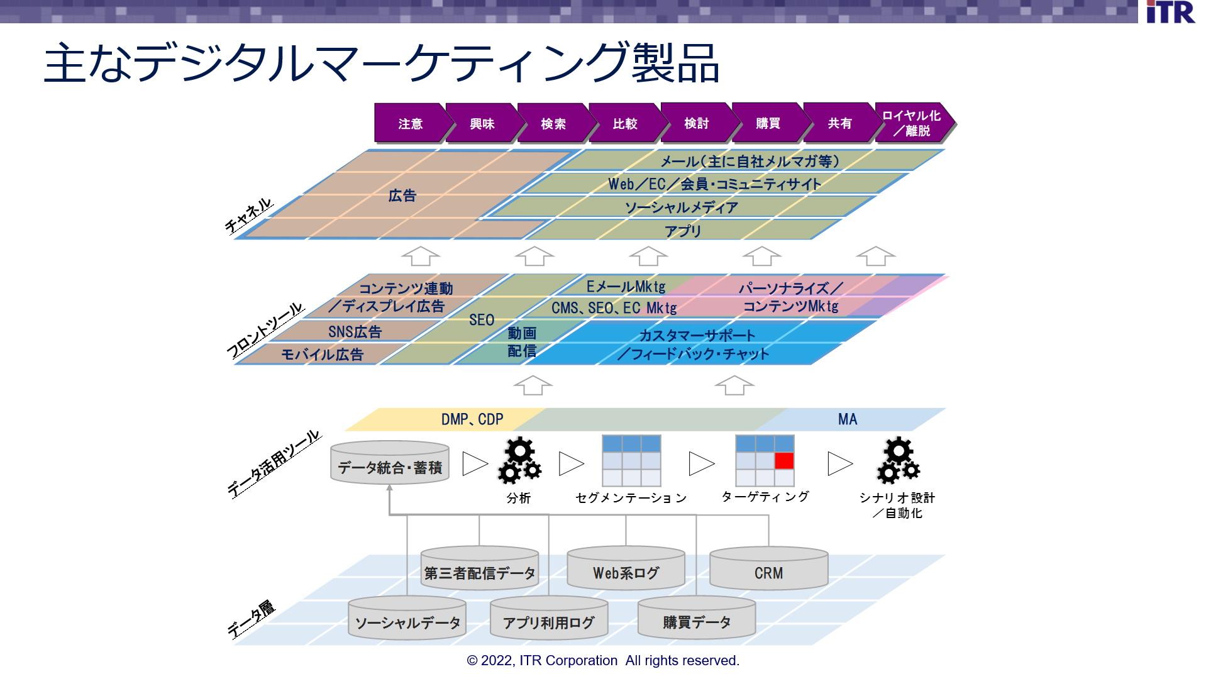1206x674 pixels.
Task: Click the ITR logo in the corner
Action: pyautogui.click(x=1170, y=12)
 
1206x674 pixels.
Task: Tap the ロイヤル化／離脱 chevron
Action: pyautogui.click(x=914, y=123)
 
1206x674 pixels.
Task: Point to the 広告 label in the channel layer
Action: pyautogui.click(x=402, y=196)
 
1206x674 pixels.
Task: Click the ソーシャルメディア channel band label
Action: pyautogui.click(x=681, y=207)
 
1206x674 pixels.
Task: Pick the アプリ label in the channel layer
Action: pyautogui.click(x=683, y=231)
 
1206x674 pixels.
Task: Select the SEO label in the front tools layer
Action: pyautogui.click(x=482, y=320)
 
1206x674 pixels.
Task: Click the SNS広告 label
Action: pyautogui.click(x=355, y=331)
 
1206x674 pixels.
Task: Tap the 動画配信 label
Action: pyautogui.click(x=522, y=342)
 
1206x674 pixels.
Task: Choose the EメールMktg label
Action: pyautogui.click(x=626, y=287)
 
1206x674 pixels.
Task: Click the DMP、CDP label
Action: pyautogui.click(x=472, y=419)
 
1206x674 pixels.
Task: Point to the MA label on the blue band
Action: pyautogui.click(x=847, y=419)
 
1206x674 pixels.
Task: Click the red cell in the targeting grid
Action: pyautogui.click(x=784, y=461)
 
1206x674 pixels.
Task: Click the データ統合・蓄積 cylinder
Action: pyautogui.click(x=390, y=463)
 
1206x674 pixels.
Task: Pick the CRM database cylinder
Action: pyautogui.click(x=768, y=568)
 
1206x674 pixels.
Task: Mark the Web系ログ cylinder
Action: pyautogui.click(x=626, y=568)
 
